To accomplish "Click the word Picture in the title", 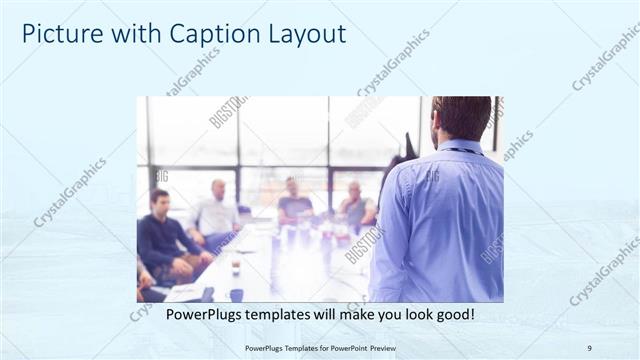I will point(56,34).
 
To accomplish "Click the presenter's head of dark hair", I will point(463,116).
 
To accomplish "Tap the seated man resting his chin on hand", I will point(354,205).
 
